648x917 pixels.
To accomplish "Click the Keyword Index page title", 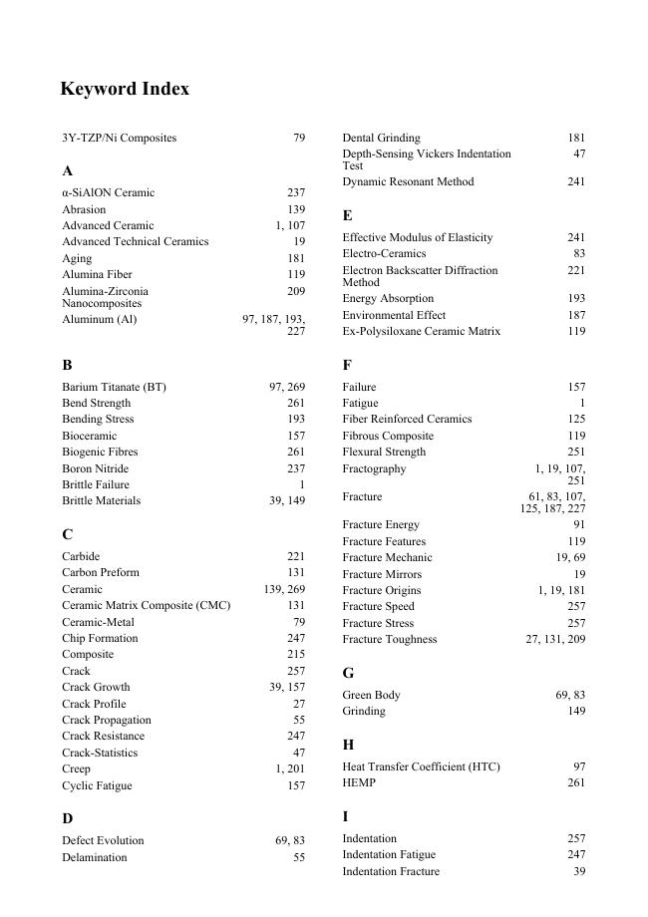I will [125, 89].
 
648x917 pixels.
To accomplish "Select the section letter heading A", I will [67, 171].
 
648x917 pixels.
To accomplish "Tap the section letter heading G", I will [348, 674].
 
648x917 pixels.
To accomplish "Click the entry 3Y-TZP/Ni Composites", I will [119, 138].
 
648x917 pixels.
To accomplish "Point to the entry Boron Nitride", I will [96, 468].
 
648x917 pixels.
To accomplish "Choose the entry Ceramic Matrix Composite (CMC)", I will [146, 605].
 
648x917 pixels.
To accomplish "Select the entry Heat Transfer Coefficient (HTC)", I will [421, 766].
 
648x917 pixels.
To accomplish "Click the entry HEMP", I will [359, 783].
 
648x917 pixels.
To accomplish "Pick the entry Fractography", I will [374, 468].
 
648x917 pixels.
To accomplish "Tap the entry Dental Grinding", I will [381, 138].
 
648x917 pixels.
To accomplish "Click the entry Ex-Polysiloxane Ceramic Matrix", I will [421, 331].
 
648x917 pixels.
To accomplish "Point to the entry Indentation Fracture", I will [391, 871].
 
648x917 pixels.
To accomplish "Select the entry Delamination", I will [95, 857].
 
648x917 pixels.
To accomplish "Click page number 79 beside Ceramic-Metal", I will [299, 622].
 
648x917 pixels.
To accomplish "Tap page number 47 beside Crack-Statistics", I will [299, 753].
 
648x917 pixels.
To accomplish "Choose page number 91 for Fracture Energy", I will [579, 524].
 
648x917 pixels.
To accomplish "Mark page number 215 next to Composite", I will [296, 655].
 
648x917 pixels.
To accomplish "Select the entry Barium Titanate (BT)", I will [114, 387].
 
